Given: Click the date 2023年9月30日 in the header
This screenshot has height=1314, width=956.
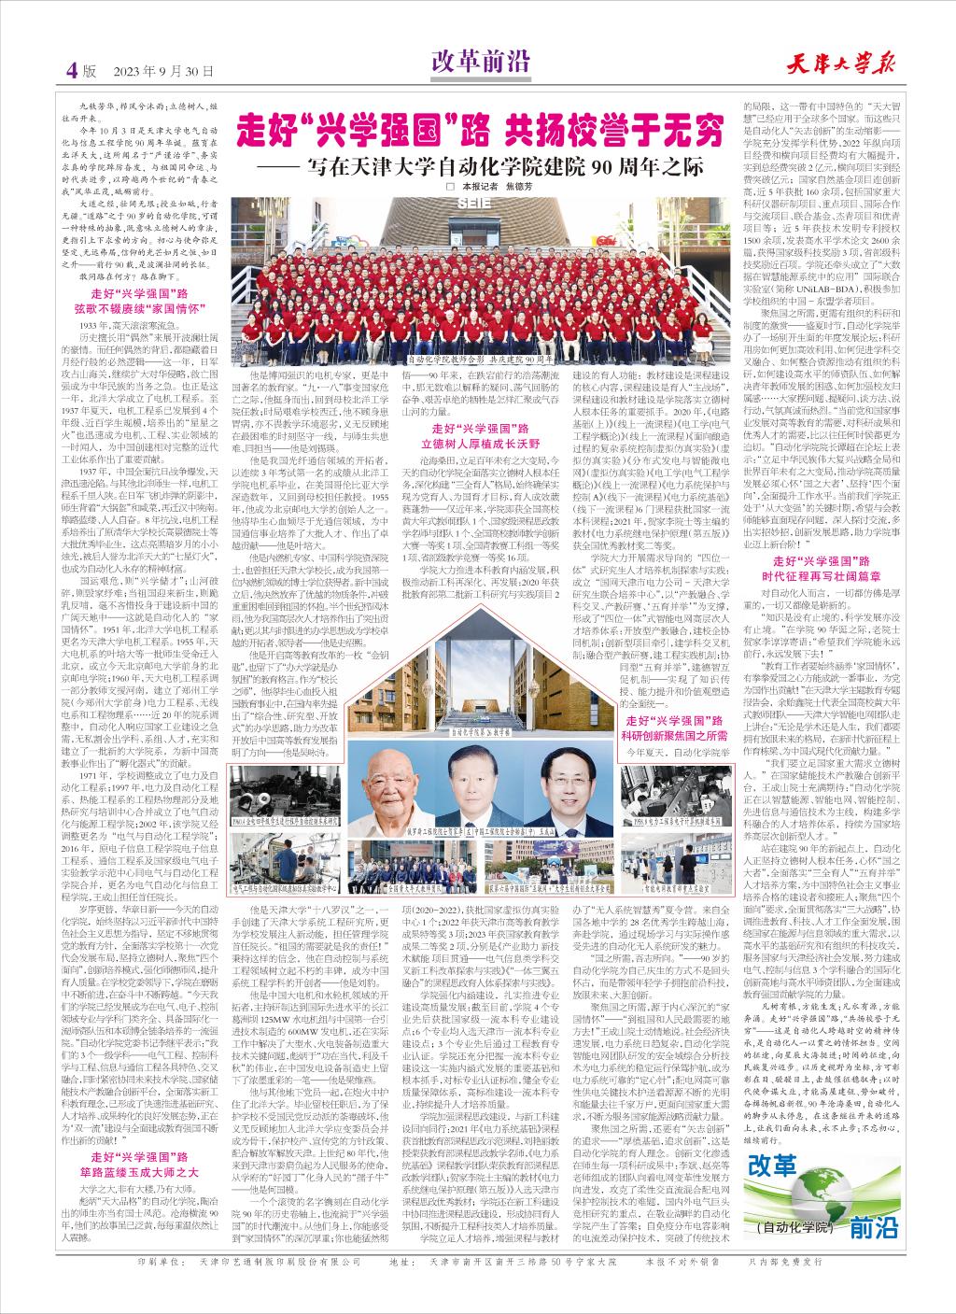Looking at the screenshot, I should click(x=164, y=71).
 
